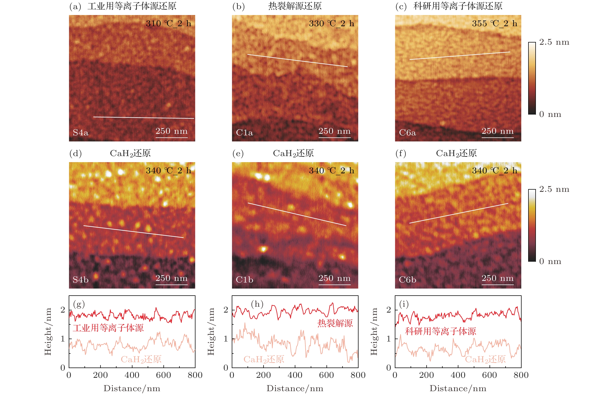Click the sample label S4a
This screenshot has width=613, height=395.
click(81, 133)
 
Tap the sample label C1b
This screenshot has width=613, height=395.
click(244, 280)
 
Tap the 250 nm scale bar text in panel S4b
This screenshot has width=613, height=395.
click(171, 278)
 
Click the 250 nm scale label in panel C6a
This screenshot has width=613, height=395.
click(497, 131)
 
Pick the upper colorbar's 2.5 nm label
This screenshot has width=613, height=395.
click(554, 42)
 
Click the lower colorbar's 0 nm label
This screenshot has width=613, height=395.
click(550, 261)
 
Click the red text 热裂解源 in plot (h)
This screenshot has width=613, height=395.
click(335, 323)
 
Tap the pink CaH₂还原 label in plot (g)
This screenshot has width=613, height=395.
click(141, 359)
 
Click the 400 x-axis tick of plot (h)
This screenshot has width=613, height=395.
click(295, 375)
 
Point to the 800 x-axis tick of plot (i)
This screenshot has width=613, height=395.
click(521, 375)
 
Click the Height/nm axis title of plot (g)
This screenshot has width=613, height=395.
click(48, 331)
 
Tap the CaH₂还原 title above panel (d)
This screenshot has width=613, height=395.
click(130, 153)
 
